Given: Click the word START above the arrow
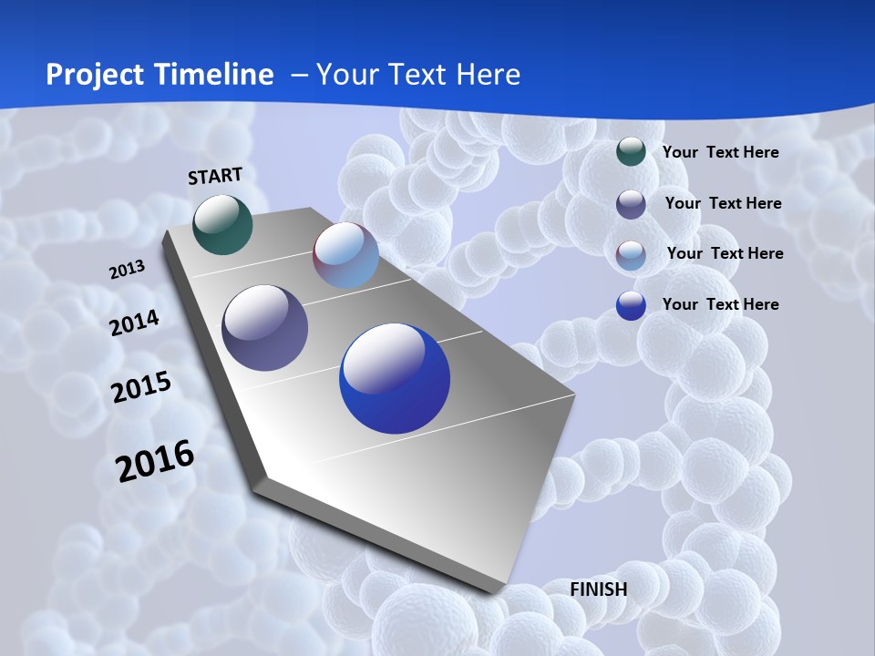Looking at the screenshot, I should pyautogui.click(x=215, y=176).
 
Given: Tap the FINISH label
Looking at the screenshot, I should pyautogui.click(x=599, y=589).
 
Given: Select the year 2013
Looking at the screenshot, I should pyautogui.click(x=128, y=270).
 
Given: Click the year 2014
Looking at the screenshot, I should pyautogui.click(x=135, y=323).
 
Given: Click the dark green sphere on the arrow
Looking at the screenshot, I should pyautogui.click(x=223, y=224).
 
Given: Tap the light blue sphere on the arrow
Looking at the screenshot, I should pyautogui.click(x=345, y=255).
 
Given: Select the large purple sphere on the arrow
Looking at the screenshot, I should pyautogui.click(x=265, y=328).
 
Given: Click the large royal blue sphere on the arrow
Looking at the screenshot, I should pyautogui.click(x=395, y=378).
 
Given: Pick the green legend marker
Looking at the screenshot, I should pyautogui.click(x=631, y=152).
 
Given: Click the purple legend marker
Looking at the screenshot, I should pyautogui.click(x=631, y=204).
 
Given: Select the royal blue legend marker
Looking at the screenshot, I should pyautogui.click(x=631, y=305).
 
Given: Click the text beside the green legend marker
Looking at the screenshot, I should pyautogui.click(x=720, y=152).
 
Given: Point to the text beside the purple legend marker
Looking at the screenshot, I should pyautogui.click(x=723, y=203).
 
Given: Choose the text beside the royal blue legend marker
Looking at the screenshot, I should pyautogui.click(x=720, y=304).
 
